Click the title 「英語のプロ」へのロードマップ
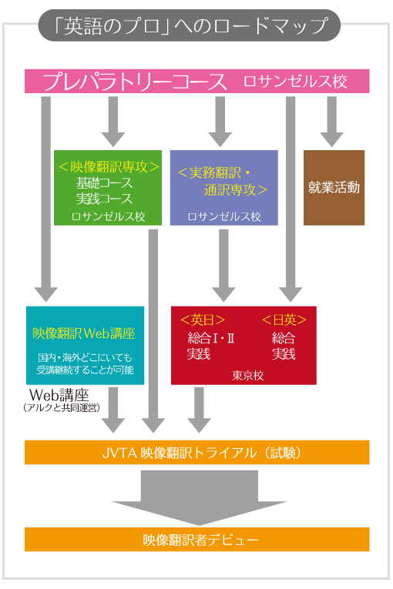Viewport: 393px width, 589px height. coord(189,25)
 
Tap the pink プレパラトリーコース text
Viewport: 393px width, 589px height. coord(135,82)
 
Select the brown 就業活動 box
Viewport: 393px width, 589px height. coord(334,187)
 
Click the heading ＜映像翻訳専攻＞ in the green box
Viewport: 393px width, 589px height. coord(109,166)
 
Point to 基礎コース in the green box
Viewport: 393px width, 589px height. coord(104,182)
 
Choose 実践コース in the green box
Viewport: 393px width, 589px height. coord(104,199)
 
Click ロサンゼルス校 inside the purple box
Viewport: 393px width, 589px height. coord(224,216)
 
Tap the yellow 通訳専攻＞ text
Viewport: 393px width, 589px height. coord(236,189)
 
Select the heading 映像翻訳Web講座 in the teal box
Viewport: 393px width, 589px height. coord(84,333)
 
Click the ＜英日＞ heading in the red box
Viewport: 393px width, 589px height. coord(203,320)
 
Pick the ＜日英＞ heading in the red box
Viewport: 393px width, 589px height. coord(284,320)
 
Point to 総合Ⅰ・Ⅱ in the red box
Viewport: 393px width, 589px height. coord(211,338)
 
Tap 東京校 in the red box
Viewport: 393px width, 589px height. coord(248,375)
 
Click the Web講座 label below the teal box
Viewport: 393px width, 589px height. coord(59,395)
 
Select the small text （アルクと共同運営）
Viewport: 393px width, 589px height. coord(62,407)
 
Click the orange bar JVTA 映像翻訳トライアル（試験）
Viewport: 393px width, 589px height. coord(197,452)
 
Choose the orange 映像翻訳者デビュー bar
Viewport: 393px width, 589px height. coord(197,540)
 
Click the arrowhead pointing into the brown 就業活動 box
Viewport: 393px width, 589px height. coord(331,139)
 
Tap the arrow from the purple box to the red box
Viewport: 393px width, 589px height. coord(223,266)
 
